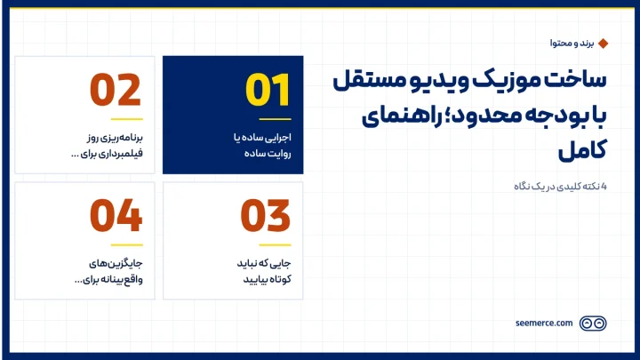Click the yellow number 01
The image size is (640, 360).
(268, 90)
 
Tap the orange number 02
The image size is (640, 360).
(116, 90)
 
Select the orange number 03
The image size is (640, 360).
(265, 215)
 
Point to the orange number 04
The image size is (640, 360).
(116, 215)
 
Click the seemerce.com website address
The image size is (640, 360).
(544, 324)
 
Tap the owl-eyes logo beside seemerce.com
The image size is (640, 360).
(593, 324)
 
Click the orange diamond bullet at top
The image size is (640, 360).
(603, 44)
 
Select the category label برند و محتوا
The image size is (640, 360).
(572, 44)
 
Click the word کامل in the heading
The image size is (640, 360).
(582, 150)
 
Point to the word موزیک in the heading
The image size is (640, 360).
(503, 80)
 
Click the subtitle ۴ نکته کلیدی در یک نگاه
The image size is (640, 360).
(560, 187)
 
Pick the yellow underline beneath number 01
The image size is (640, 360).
(275, 119)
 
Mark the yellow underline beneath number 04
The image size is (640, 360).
(126, 245)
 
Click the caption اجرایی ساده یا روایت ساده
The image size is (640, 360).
(262, 145)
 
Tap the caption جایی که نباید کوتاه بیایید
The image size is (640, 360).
(264, 271)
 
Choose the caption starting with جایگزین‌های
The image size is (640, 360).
(108, 271)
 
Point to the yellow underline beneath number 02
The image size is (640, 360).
(126, 119)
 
